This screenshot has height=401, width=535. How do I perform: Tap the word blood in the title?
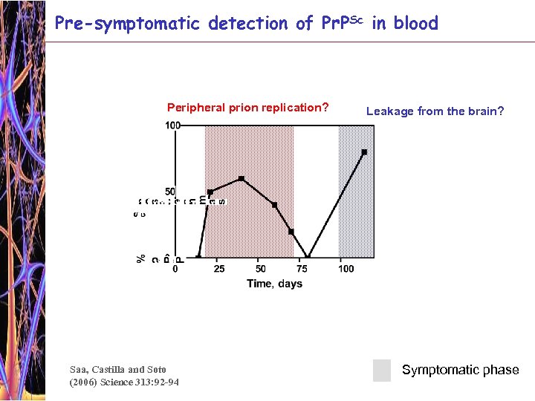(415, 23)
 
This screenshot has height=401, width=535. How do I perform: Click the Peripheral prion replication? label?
(247, 108)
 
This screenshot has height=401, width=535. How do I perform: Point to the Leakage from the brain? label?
(435, 111)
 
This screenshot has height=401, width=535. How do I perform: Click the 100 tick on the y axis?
(172, 125)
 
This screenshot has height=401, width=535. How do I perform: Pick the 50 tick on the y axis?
(170, 192)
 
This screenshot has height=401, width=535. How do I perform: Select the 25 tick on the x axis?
(220, 268)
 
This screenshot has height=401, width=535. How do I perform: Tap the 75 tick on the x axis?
(303, 268)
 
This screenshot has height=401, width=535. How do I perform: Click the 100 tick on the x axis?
(346, 268)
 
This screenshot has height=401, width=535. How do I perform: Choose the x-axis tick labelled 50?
(261, 268)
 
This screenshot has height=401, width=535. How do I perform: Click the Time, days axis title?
(274, 284)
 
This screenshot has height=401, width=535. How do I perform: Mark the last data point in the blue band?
(364, 152)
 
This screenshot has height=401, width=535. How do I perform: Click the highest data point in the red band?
(241, 179)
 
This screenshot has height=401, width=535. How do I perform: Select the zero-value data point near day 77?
(308, 258)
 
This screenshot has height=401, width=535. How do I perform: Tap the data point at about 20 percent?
(291, 232)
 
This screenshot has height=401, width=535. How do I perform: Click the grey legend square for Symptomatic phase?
(381, 370)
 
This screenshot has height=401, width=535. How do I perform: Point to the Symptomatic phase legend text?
(460, 370)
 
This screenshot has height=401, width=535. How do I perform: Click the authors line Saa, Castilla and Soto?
(117, 369)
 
